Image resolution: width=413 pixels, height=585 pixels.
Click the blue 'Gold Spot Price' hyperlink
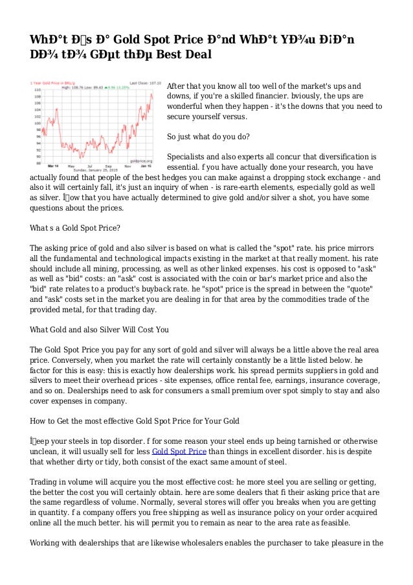click(179, 451)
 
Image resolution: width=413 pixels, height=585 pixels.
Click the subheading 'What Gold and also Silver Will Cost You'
click(100, 329)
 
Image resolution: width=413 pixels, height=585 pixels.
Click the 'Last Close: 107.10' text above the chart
click(137, 84)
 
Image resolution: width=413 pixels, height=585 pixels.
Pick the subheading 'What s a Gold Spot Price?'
click(74, 228)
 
